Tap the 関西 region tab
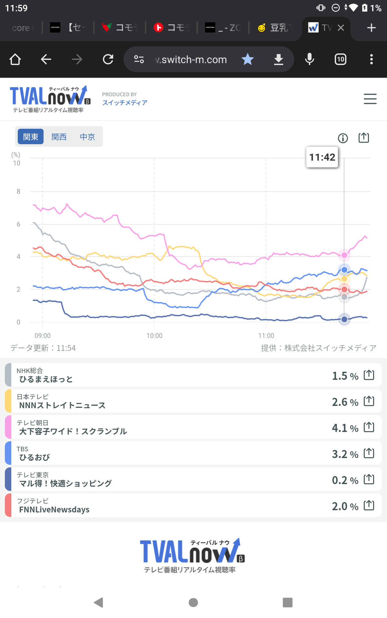pos(59,137)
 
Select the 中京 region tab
pos(87,137)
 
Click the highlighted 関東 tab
pos(31,137)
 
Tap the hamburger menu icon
pos(370,99)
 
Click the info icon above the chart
pos(343,138)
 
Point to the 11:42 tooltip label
pos(322,157)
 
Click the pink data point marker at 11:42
pos(344,255)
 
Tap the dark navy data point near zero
pos(344,319)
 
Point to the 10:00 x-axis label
pos(154,336)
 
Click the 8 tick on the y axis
pos(18,192)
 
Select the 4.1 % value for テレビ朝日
pos(345,428)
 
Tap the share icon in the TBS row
pos(369,453)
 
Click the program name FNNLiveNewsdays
pos(54,510)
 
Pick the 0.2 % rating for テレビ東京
pos(345,480)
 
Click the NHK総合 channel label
pos(30,371)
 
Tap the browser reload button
pos(108,59)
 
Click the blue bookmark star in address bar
pos(248,59)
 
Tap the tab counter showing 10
pos(341,59)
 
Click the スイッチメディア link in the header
pos(125,103)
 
